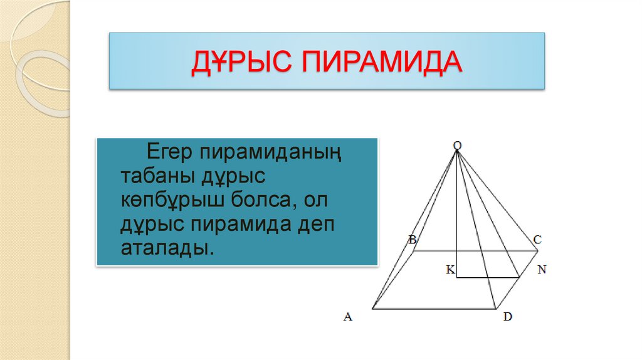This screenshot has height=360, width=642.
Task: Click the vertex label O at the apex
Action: pos(457,146)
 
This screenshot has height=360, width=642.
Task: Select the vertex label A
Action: pos(348,317)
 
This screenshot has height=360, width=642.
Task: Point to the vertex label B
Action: pos(412,239)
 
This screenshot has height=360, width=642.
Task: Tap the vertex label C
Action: pos(537,239)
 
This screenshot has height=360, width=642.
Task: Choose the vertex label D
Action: pos(507,317)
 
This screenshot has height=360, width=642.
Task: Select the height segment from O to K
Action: pos(457,213)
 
